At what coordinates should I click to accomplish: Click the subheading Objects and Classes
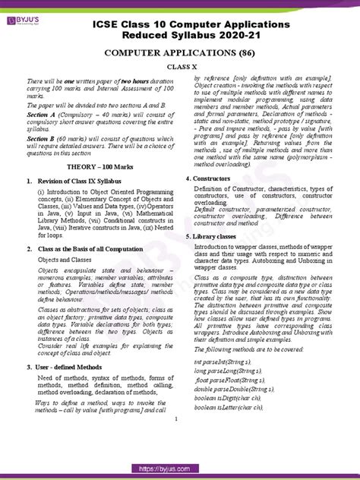click(x=68, y=281)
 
